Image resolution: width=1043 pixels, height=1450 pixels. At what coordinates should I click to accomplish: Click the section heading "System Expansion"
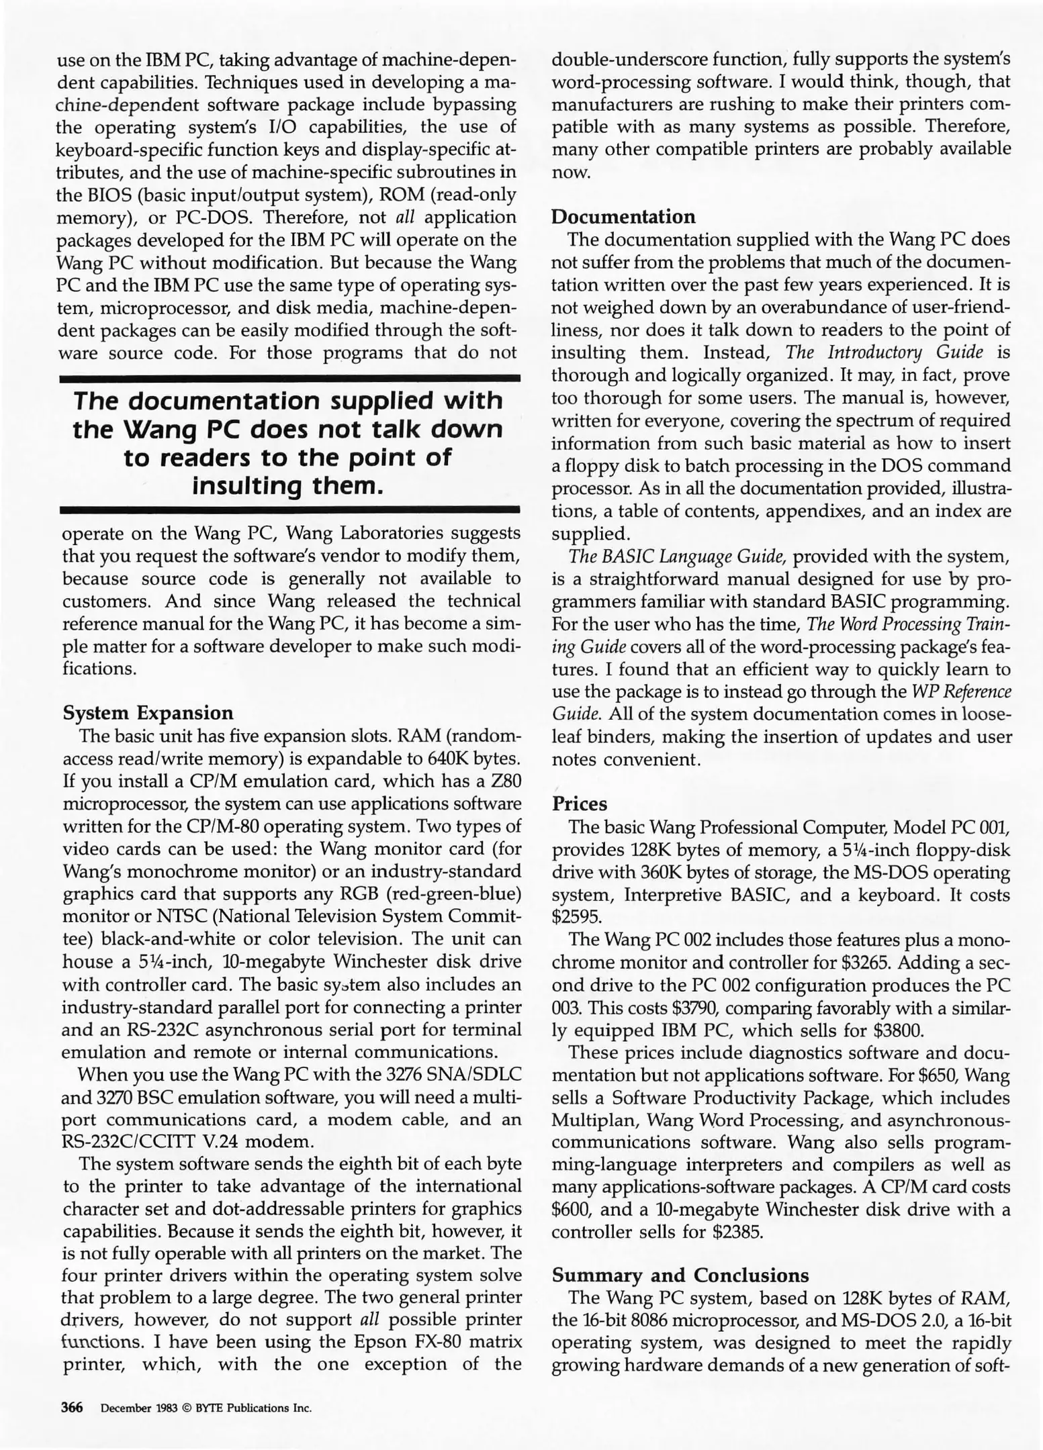(148, 712)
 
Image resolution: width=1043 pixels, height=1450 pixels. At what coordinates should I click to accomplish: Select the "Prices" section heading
(579, 804)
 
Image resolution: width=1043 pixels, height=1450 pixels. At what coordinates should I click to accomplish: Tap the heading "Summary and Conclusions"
(680, 1275)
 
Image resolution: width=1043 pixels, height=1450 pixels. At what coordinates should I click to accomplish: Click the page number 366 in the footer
(72, 1408)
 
